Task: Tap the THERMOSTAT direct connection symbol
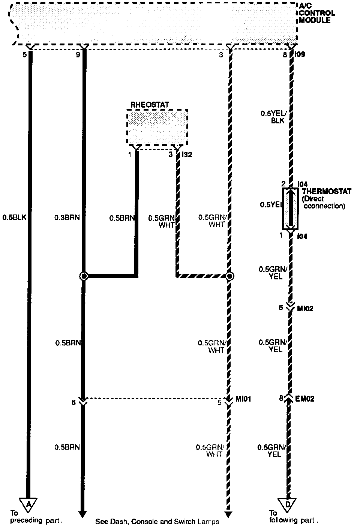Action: click(x=290, y=208)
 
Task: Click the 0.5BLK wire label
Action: click(x=14, y=217)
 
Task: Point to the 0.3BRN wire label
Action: click(x=67, y=217)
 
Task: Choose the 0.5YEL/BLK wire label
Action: click(x=273, y=117)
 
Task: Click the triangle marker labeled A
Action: click(x=28, y=504)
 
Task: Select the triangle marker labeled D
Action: click(x=287, y=504)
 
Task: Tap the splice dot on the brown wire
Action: click(x=84, y=276)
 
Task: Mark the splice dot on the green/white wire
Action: click(x=230, y=276)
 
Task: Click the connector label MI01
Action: click(x=243, y=400)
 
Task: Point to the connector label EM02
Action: click(x=304, y=399)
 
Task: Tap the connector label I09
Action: click(x=300, y=55)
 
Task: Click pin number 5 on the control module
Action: click(x=25, y=55)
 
